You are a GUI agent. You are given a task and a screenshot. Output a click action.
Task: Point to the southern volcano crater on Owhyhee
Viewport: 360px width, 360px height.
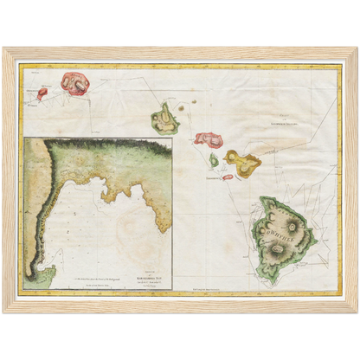pyautogui.click(x=279, y=250)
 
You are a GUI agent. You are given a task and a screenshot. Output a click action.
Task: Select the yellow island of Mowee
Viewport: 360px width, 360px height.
pyautogui.click(x=241, y=160)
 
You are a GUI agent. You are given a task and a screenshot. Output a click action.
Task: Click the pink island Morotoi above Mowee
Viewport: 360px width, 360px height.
pyautogui.click(x=209, y=138)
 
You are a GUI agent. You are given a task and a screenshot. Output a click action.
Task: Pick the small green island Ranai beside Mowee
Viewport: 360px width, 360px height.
pyautogui.click(x=214, y=160)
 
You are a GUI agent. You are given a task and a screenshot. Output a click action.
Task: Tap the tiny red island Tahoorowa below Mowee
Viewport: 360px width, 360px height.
pyautogui.click(x=228, y=177)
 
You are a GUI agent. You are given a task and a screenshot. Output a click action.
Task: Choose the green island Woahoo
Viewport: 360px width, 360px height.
pyautogui.click(x=164, y=119)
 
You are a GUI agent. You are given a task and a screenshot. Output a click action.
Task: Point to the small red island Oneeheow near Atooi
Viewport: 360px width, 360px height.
pyautogui.click(x=42, y=93)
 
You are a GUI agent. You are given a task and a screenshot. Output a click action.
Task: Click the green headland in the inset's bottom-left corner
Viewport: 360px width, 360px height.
pyautogui.click(x=38, y=278)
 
